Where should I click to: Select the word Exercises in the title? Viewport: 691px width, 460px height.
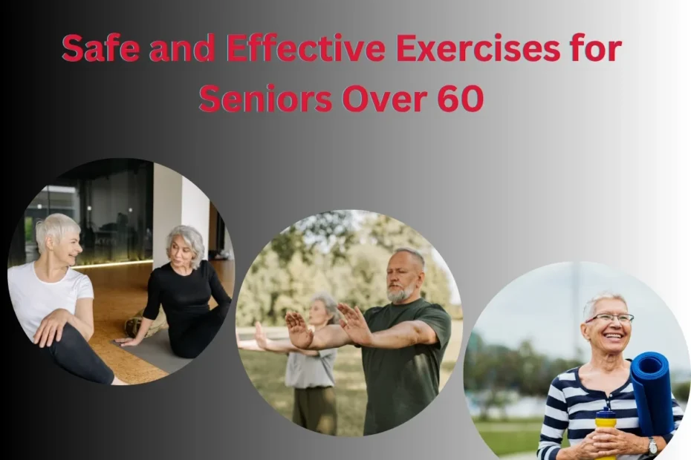point(478,49)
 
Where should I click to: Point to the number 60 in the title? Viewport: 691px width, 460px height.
point(460,99)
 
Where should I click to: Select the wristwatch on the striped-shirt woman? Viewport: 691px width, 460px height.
point(652,447)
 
